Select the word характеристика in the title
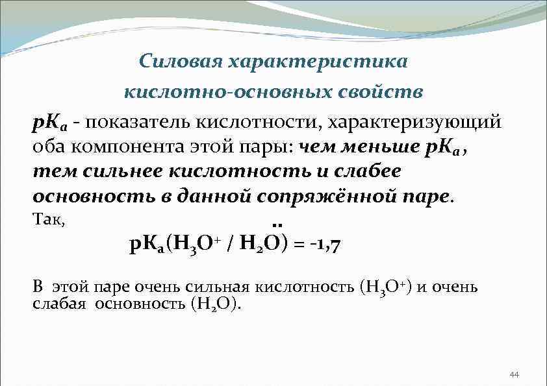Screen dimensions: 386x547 point(316,62)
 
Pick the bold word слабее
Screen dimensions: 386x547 point(369,171)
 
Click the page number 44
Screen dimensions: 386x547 point(515,375)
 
